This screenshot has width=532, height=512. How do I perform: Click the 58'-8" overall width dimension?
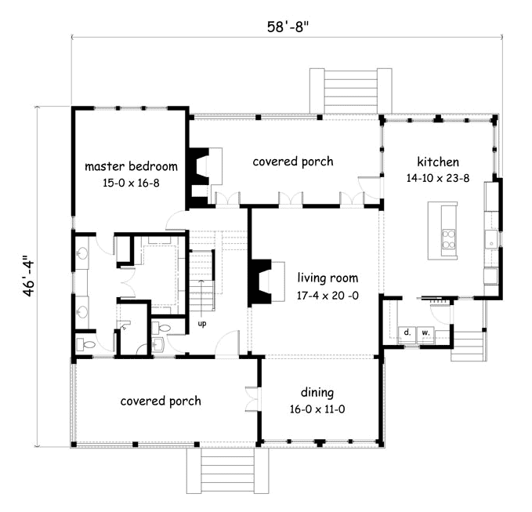pos(288,27)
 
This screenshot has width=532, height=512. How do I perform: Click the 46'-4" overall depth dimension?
pos(30,278)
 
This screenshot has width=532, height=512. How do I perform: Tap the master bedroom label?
pos(131,166)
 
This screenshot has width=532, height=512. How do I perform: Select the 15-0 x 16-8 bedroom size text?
pos(131,183)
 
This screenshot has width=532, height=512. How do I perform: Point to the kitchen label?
pos(438,162)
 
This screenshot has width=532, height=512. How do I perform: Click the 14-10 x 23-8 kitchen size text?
pos(438,178)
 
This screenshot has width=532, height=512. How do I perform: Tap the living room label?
pos(328,278)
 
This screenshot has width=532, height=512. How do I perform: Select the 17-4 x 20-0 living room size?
pos(328,296)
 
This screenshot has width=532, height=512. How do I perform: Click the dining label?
pos(317,393)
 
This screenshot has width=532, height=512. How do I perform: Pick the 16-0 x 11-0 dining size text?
pos(317,409)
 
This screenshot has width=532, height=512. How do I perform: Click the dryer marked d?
pos(407,335)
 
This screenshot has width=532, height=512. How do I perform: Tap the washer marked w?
pos(425,335)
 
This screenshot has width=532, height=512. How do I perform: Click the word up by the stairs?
pos(202,324)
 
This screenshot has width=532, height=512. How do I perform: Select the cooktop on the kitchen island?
pos(448,240)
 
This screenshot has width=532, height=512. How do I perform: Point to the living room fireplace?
pos(260,281)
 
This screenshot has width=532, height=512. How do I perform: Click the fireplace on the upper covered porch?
pos(200,176)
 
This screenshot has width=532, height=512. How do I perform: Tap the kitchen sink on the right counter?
pos(490,240)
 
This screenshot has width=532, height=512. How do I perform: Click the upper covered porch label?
pos(293,162)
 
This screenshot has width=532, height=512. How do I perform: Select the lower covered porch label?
pos(161,401)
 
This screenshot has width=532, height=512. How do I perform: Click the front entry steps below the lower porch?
pos(228,470)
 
